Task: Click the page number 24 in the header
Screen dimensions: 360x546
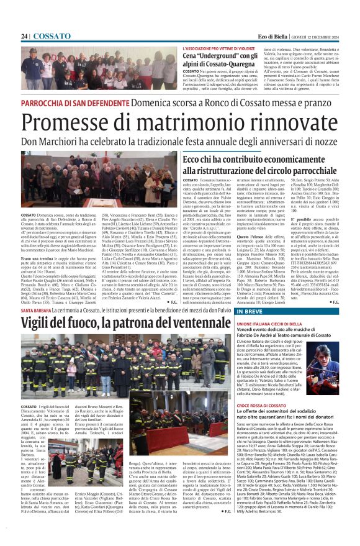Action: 25,37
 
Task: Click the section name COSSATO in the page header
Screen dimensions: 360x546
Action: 52,37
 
